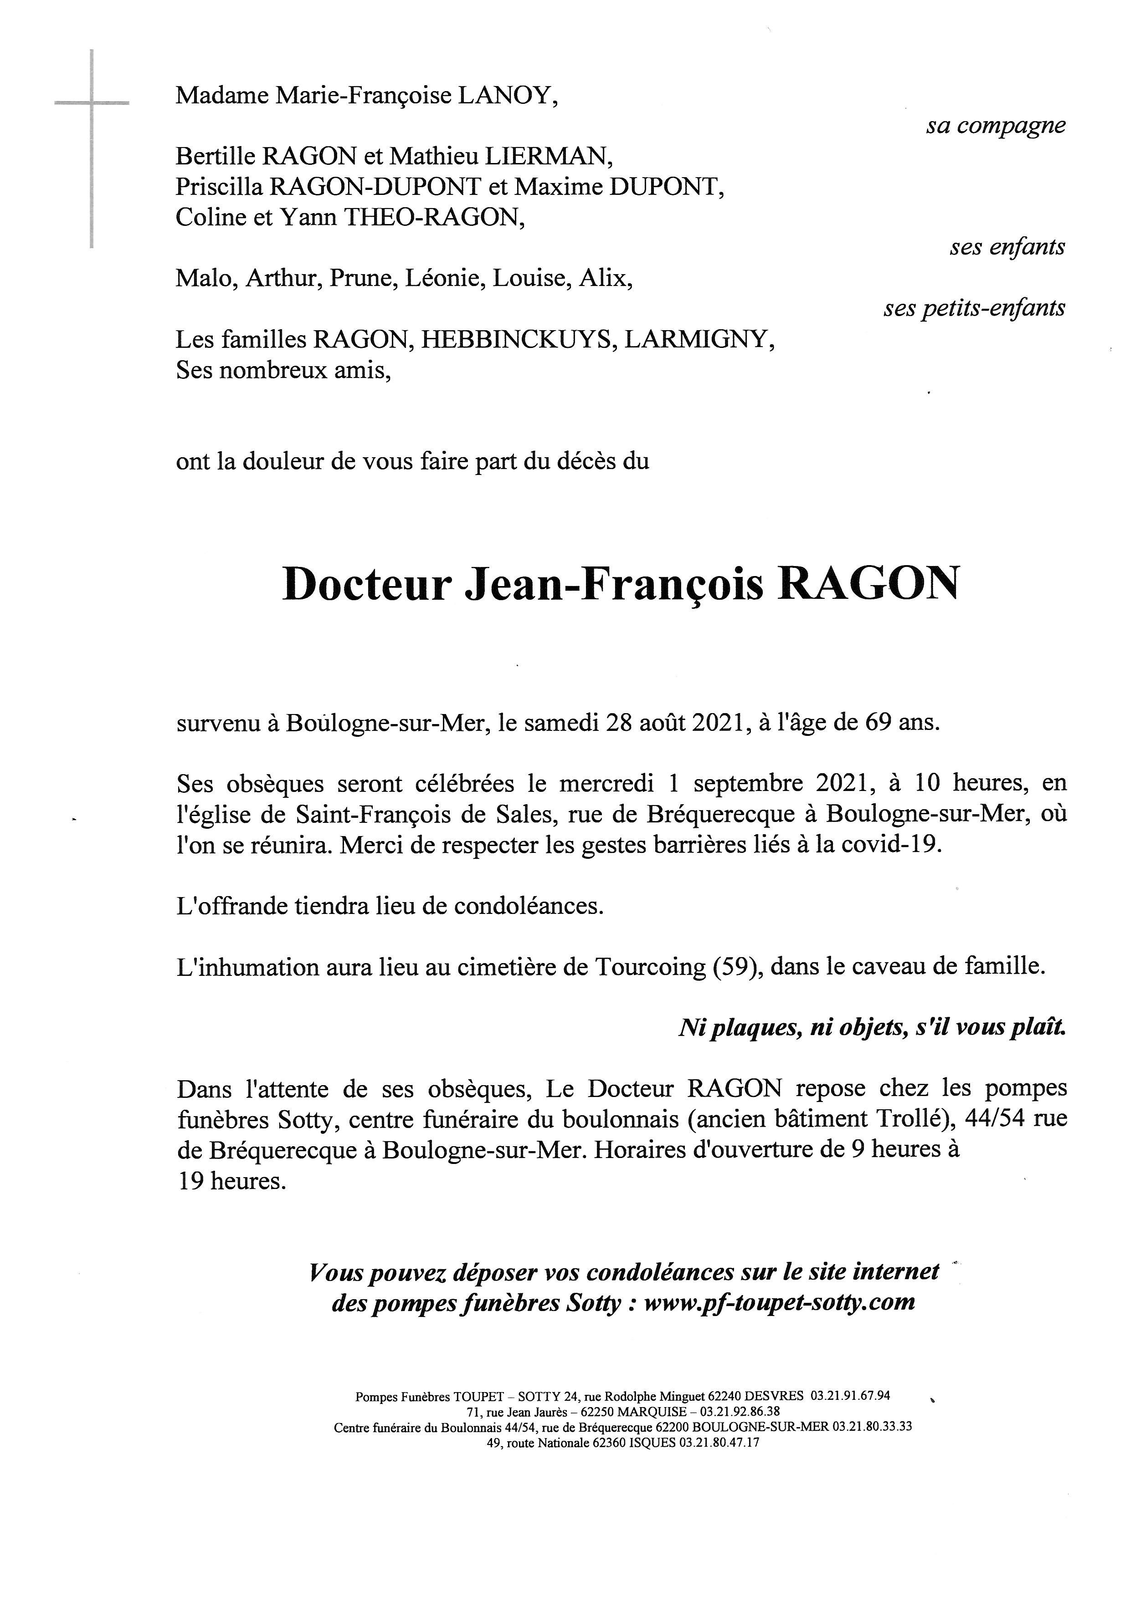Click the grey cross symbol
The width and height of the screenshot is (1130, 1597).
tap(92, 104)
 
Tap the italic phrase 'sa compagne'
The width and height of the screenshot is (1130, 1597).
tap(995, 126)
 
